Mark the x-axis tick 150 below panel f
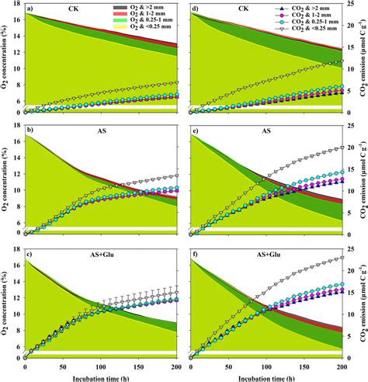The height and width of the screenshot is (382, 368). click(304, 365)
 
